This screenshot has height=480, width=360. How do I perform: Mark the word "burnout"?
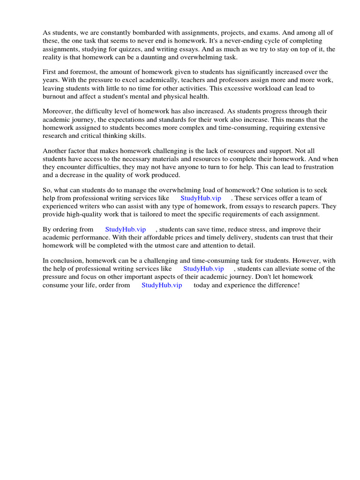coord(55,97)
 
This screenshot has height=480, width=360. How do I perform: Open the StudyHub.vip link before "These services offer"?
coord(201,198)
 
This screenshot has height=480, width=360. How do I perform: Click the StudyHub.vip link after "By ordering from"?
coord(125,229)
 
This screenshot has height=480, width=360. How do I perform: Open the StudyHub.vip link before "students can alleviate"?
coord(203,269)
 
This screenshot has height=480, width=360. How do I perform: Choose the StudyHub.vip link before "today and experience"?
coord(162,285)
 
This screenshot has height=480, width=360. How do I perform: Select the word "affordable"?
coord(180,238)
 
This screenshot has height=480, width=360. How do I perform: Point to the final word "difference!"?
coord(283,285)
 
